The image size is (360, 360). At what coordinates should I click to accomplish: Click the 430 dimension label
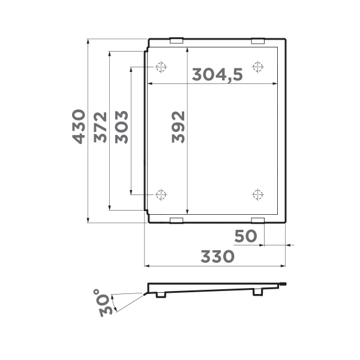pos(79,126)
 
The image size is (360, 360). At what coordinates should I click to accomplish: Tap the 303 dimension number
pos(122,127)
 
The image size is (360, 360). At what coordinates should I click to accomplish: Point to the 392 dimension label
pos(178,127)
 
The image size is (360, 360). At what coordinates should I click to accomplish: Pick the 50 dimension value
pos(245,236)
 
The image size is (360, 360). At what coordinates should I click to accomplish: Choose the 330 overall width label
pos(217,257)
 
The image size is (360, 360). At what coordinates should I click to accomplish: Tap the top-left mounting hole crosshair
pos(161,66)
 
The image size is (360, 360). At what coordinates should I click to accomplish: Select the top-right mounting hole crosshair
pos(258,66)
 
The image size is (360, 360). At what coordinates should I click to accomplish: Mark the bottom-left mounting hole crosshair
pos(161,194)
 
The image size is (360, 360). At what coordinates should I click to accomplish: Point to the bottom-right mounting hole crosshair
pos(258,194)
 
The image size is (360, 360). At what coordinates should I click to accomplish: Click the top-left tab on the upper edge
pos(176,41)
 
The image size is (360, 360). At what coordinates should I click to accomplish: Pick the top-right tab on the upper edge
pos(257,41)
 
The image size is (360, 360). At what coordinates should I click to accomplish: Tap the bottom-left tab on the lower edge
pos(176,220)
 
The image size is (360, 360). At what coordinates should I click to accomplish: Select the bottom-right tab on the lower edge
pos(257,220)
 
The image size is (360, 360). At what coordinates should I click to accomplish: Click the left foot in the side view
pos(161,295)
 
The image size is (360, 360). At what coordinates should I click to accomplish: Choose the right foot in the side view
pos(258,292)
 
